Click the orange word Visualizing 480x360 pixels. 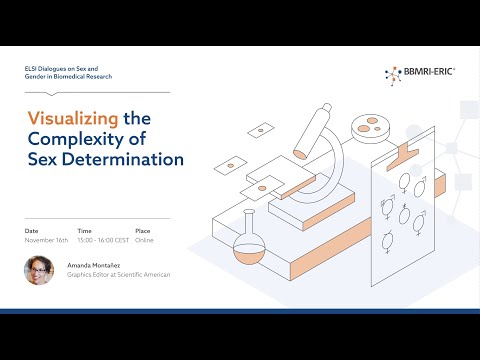(68, 117)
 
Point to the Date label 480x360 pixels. (32, 231)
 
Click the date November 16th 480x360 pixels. (46, 241)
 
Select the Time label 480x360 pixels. (84, 231)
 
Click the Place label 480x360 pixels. (144, 231)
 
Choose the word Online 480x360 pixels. (146, 241)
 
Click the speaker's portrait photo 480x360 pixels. (39, 271)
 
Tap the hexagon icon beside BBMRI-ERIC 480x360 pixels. (392, 72)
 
